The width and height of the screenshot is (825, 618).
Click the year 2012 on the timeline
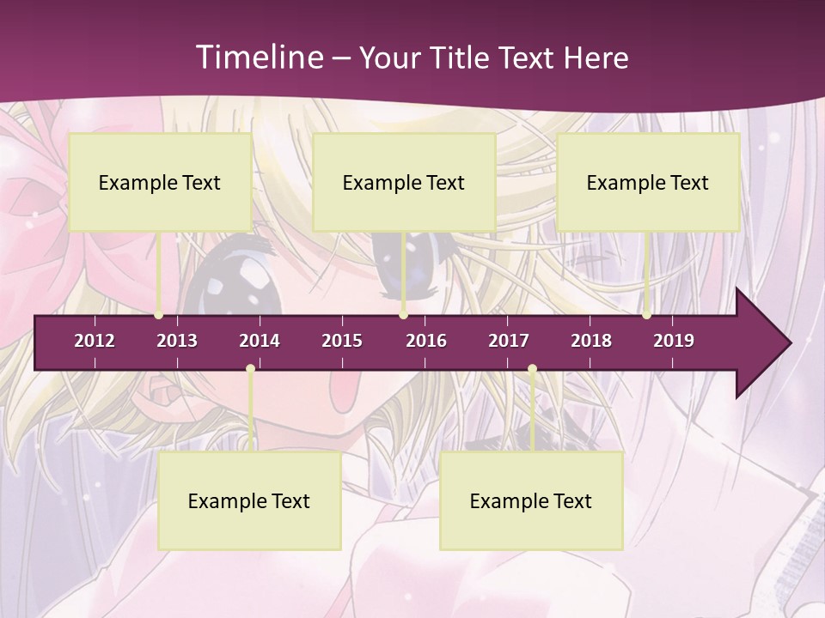[x=95, y=341]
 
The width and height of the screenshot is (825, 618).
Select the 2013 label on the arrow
[x=177, y=341]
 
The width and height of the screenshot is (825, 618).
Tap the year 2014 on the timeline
[x=260, y=341]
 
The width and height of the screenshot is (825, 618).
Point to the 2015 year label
[x=342, y=341]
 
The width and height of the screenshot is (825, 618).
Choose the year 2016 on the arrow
[x=426, y=341]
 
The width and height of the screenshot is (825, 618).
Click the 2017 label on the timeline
[x=509, y=341]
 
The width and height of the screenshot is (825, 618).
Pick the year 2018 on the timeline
[x=591, y=341]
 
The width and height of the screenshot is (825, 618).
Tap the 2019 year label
[x=674, y=341]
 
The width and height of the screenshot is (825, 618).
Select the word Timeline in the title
[x=259, y=58]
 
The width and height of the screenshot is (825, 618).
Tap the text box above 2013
[x=160, y=182]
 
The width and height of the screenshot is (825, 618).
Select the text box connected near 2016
[x=404, y=182]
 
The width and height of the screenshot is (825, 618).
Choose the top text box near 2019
[x=648, y=182]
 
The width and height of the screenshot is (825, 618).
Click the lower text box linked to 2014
[x=249, y=500]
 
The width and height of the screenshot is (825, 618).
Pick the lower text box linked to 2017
[x=531, y=500]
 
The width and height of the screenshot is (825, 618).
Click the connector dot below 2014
[x=250, y=369]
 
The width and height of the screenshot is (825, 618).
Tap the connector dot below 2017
[x=532, y=369]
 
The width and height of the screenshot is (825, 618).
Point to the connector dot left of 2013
[x=159, y=315]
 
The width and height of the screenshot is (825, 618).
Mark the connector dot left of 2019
[x=646, y=315]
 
